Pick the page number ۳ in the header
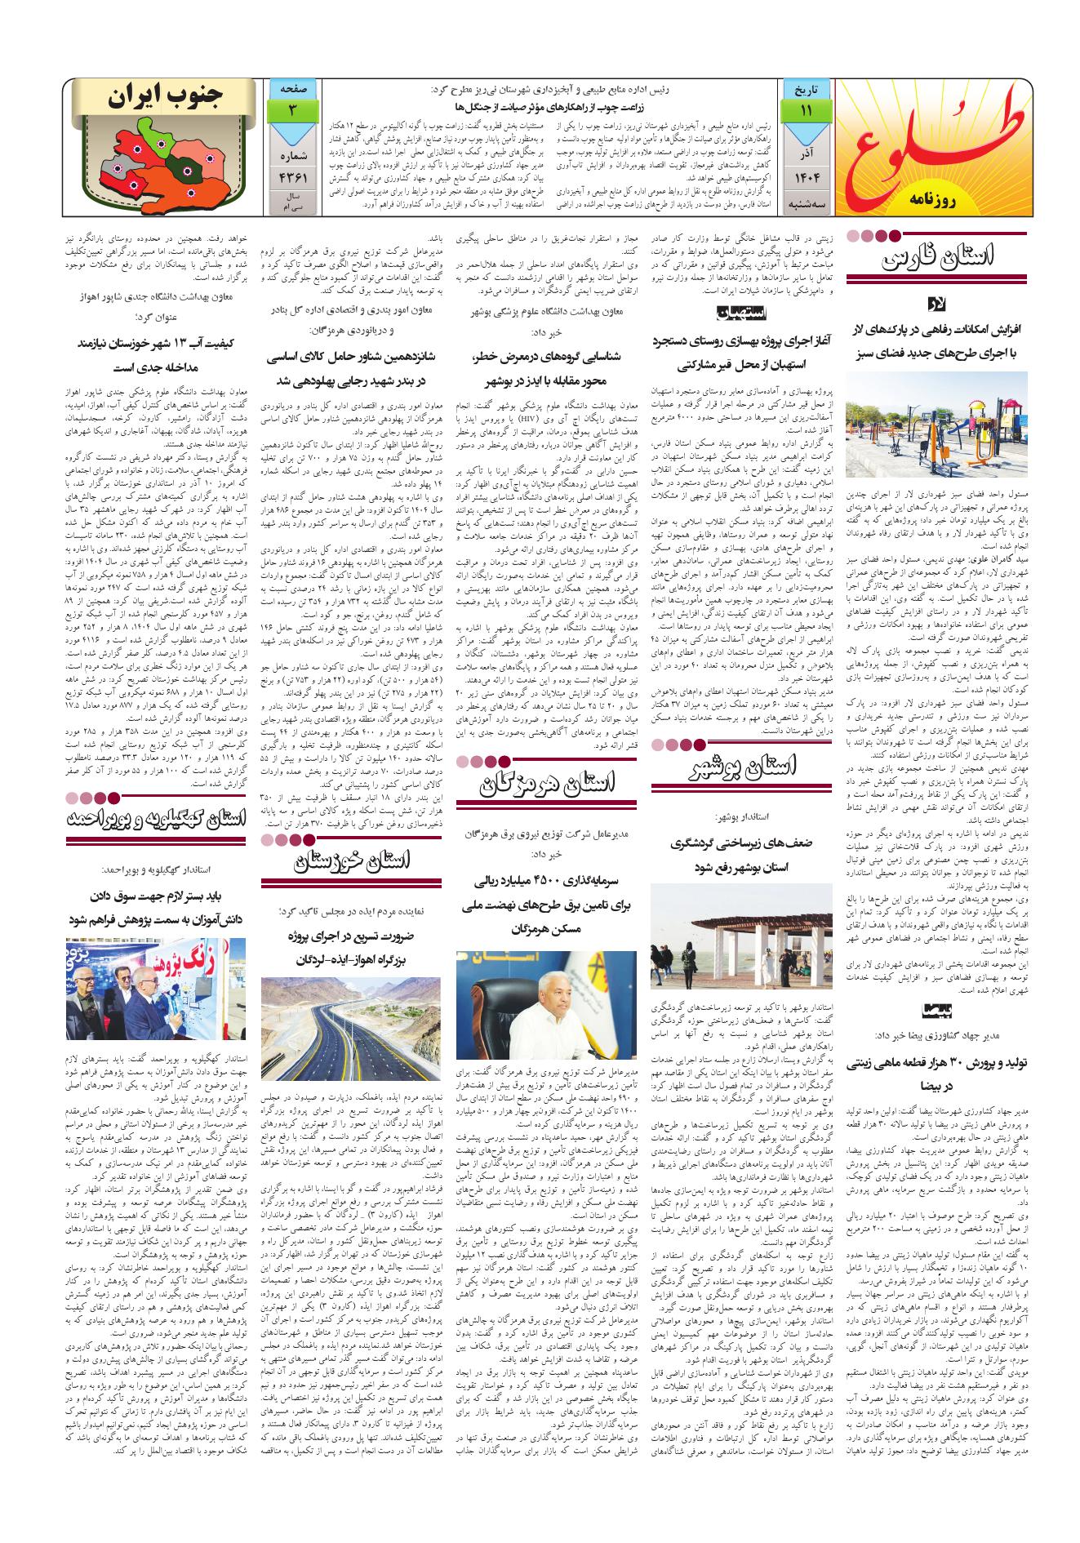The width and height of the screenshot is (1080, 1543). [x=291, y=110]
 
